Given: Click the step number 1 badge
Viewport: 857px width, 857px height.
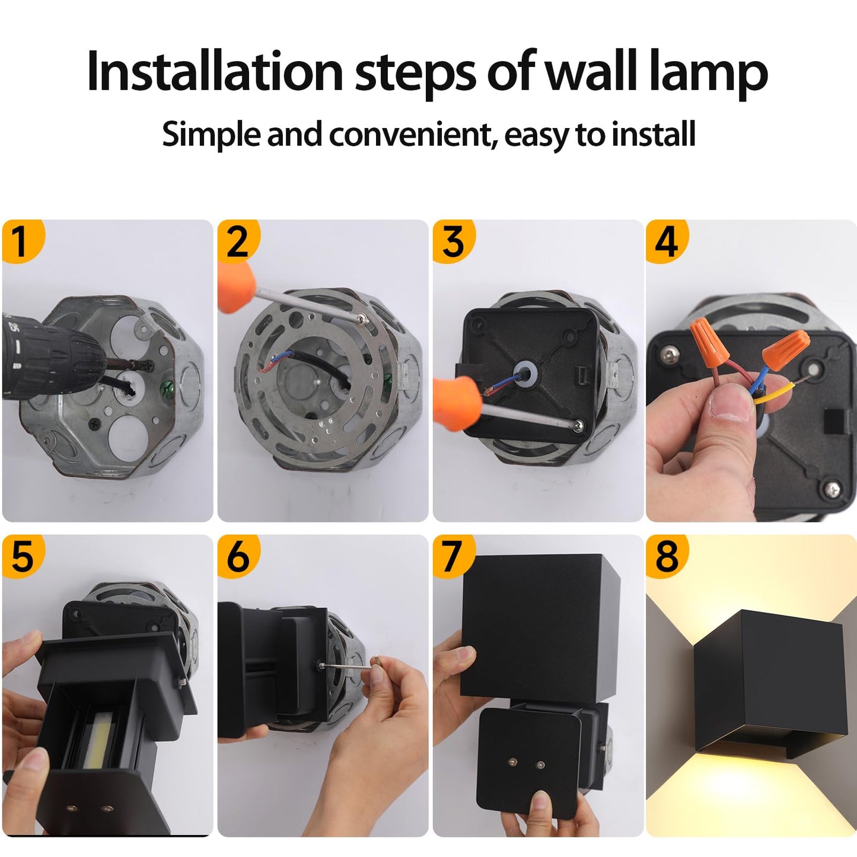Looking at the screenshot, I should tap(21, 241).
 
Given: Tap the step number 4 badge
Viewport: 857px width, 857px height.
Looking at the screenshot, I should tap(665, 241).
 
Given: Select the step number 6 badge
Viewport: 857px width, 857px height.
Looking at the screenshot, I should tap(237, 556).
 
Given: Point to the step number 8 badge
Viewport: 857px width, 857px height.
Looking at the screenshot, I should tap(665, 556).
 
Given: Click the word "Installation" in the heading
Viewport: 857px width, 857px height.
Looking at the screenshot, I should tap(215, 72).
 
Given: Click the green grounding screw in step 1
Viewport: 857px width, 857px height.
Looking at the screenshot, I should tap(167, 390).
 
